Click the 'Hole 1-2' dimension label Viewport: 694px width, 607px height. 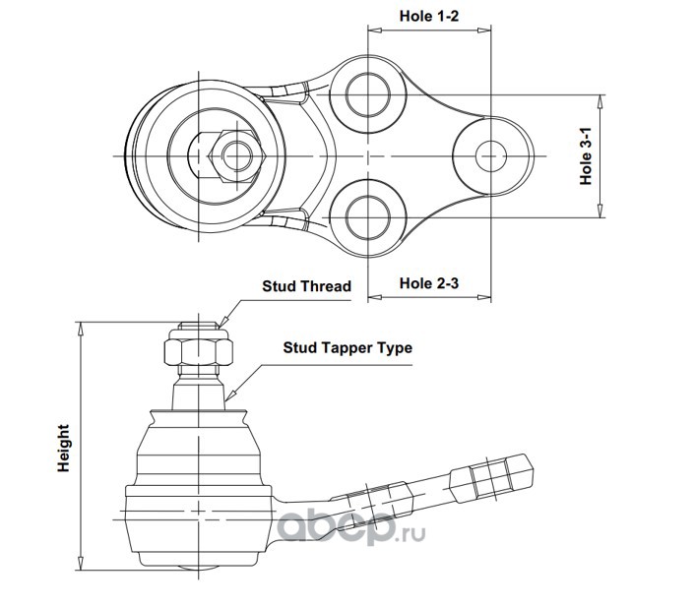[x=429, y=16]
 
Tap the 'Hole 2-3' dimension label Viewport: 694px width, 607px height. [x=429, y=283]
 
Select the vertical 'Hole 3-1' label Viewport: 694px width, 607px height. [x=586, y=156]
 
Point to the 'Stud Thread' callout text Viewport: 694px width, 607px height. [x=307, y=286]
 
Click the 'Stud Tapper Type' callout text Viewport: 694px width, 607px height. [x=347, y=347]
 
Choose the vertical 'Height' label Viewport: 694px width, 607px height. [x=64, y=448]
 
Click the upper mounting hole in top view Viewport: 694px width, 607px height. [x=368, y=94]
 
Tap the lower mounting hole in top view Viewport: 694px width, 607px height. [x=368, y=218]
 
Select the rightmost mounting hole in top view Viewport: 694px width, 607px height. [x=491, y=156]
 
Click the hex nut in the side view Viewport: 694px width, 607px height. [x=199, y=352]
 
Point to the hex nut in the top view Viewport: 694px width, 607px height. [x=237, y=156]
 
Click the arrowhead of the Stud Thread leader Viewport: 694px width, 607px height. [x=223, y=322]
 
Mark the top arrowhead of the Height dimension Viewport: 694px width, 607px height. [x=81, y=329]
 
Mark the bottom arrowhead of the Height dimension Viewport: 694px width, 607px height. [x=81, y=563]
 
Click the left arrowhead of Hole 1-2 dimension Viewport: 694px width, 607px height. [x=374, y=30]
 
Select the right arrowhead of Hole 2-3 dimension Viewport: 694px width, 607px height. [x=484, y=297]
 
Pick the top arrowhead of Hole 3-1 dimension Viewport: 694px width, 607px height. [x=600, y=101]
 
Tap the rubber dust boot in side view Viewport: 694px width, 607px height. [x=198, y=448]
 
